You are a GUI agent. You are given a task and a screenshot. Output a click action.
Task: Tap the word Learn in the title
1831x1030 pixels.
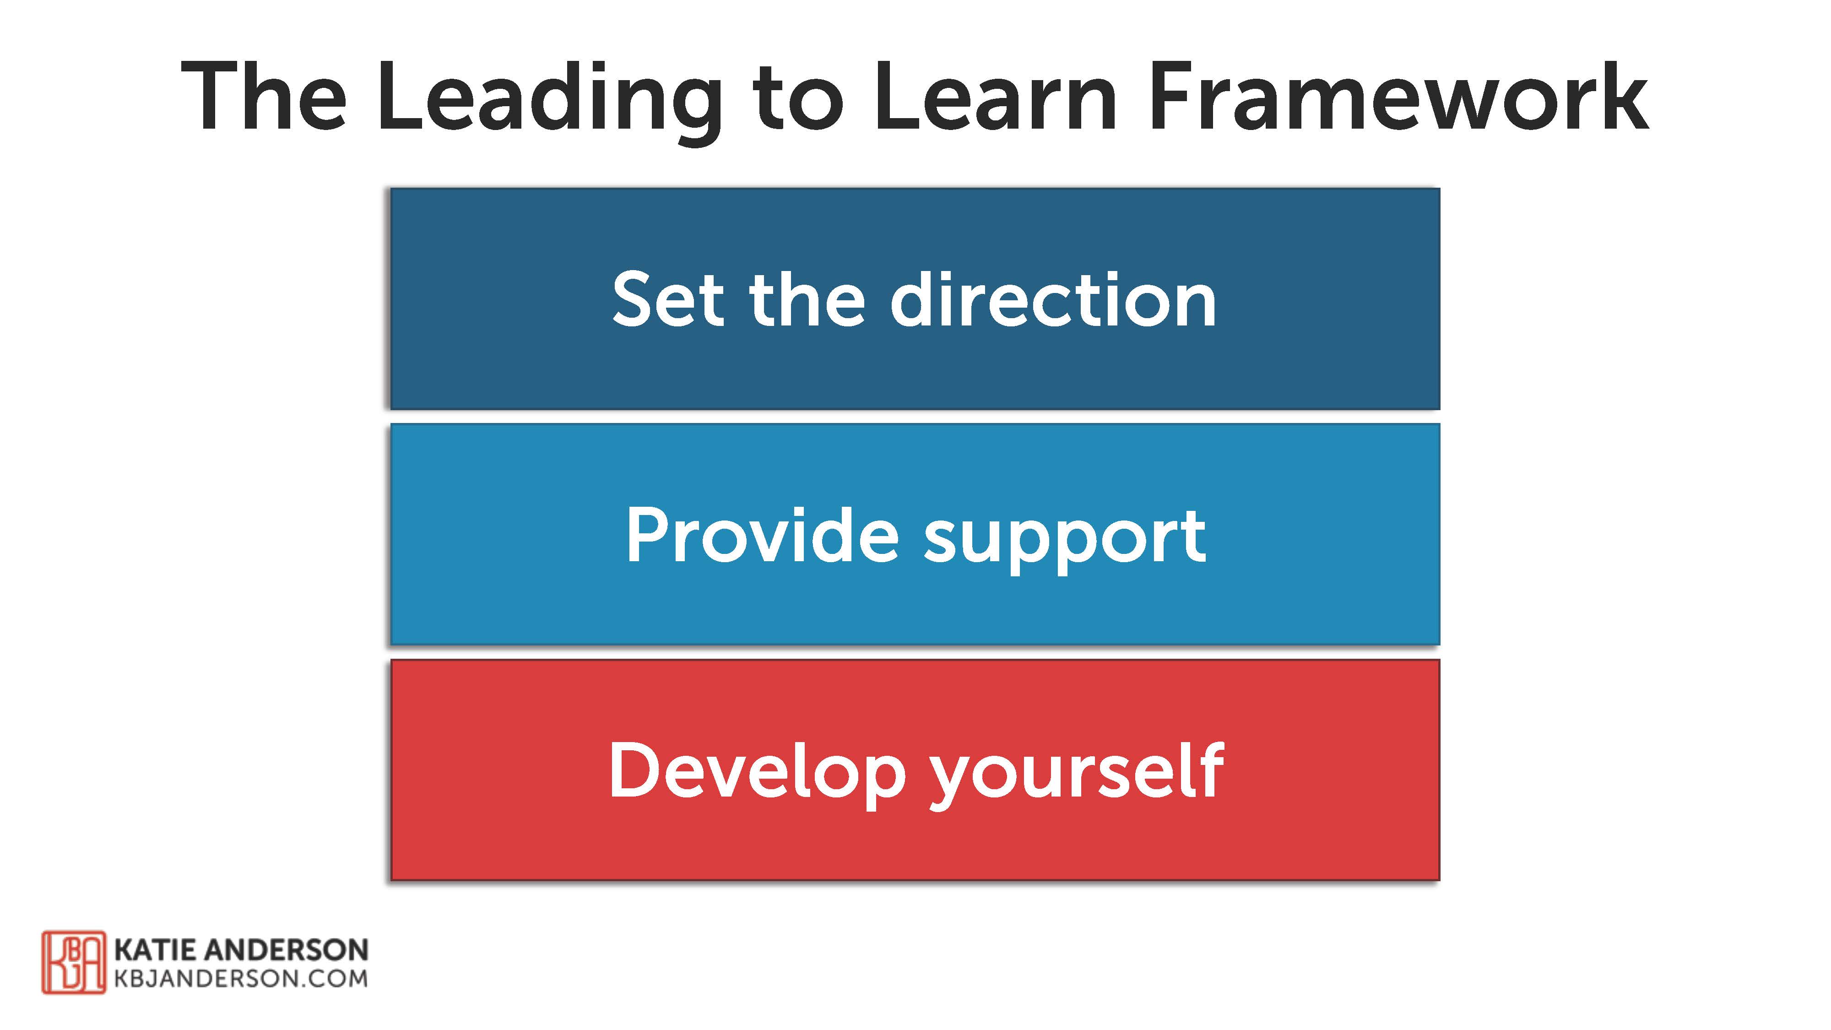(996, 98)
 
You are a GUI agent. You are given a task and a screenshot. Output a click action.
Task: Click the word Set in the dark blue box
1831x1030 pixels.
(668, 300)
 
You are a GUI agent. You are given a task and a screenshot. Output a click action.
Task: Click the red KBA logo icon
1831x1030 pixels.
(73, 962)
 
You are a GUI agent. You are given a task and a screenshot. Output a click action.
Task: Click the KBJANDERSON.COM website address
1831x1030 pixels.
(241, 979)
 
